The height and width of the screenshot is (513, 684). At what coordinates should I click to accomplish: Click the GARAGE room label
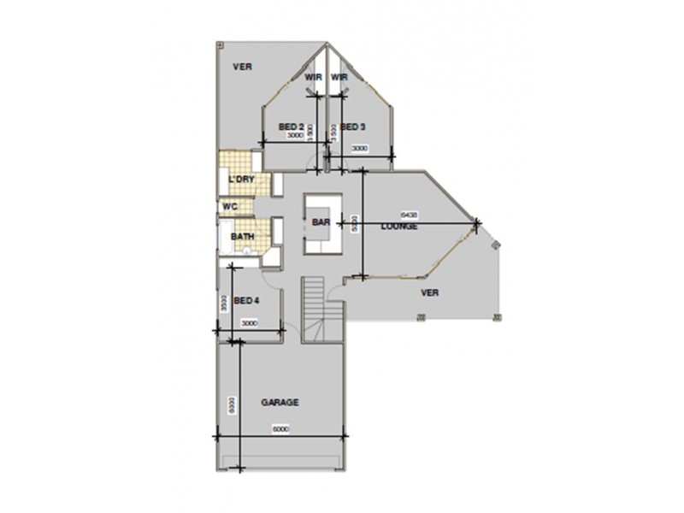pyautogui.click(x=280, y=402)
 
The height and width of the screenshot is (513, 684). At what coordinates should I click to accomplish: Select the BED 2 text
pyautogui.click(x=292, y=127)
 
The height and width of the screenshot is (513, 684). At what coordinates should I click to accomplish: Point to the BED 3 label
pyautogui.click(x=353, y=127)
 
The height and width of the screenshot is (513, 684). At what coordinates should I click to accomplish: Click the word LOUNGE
pyautogui.click(x=399, y=227)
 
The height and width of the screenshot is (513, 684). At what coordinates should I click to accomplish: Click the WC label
pyautogui.click(x=229, y=206)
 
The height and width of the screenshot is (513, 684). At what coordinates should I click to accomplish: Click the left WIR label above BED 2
pyautogui.click(x=313, y=77)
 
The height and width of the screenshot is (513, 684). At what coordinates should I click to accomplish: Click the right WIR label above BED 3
pyautogui.click(x=339, y=77)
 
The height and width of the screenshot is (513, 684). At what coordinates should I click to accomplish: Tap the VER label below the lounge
pyautogui.click(x=430, y=292)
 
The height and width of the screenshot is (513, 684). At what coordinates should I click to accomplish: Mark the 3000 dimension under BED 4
pyautogui.click(x=249, y=324)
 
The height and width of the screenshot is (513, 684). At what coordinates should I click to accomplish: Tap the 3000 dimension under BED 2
pyautogui.click(x=294, y=137)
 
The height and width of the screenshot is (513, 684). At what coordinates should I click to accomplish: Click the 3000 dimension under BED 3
pyautogui.click(x=359, y=149)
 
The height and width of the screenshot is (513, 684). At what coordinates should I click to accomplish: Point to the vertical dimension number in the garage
pyautogui.click(x=232, y=403)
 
